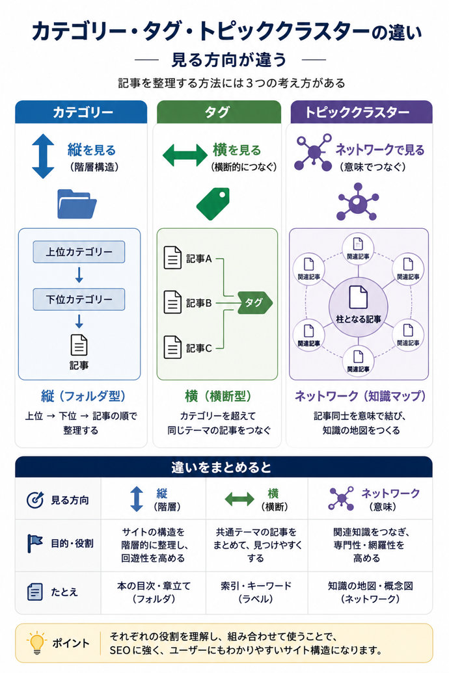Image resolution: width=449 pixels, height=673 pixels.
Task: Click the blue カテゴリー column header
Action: click(81, 112)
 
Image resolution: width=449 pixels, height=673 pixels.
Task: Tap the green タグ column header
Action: click(218, 112)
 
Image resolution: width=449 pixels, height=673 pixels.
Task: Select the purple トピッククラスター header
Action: click(361, 112)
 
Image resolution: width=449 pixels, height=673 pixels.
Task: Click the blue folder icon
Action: click(77, 204)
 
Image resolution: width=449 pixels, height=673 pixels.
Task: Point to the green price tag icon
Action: click(213, 204)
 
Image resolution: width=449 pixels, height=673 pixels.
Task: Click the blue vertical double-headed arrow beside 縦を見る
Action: click(43, 156)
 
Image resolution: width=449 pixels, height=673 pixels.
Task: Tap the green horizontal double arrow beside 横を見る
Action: click(185, 155)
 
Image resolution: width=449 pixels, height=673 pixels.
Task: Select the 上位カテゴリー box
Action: click(79, 252)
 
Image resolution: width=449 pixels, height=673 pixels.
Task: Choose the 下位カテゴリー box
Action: click(79, 299)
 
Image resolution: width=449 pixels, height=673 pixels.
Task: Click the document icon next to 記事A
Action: click(172, 257)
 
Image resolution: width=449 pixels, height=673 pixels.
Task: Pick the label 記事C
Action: click(199, 348)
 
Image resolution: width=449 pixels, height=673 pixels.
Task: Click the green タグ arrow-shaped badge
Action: click(255, 302)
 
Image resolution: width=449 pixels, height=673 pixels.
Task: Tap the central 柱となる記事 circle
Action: click(359, 306)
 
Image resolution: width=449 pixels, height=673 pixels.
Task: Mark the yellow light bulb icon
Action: click(37, 642)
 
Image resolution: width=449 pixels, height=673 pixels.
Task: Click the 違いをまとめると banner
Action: click(223, 467)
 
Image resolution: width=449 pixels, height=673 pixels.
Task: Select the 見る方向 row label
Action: click(70, 500)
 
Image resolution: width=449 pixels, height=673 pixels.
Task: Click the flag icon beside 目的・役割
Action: click(34, 544)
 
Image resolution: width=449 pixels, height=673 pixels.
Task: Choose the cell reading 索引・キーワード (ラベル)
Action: click(256, 592)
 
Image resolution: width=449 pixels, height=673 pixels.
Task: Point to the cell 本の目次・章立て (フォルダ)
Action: click(154, 592)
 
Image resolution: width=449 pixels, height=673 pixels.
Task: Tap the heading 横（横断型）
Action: click(218, 396)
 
